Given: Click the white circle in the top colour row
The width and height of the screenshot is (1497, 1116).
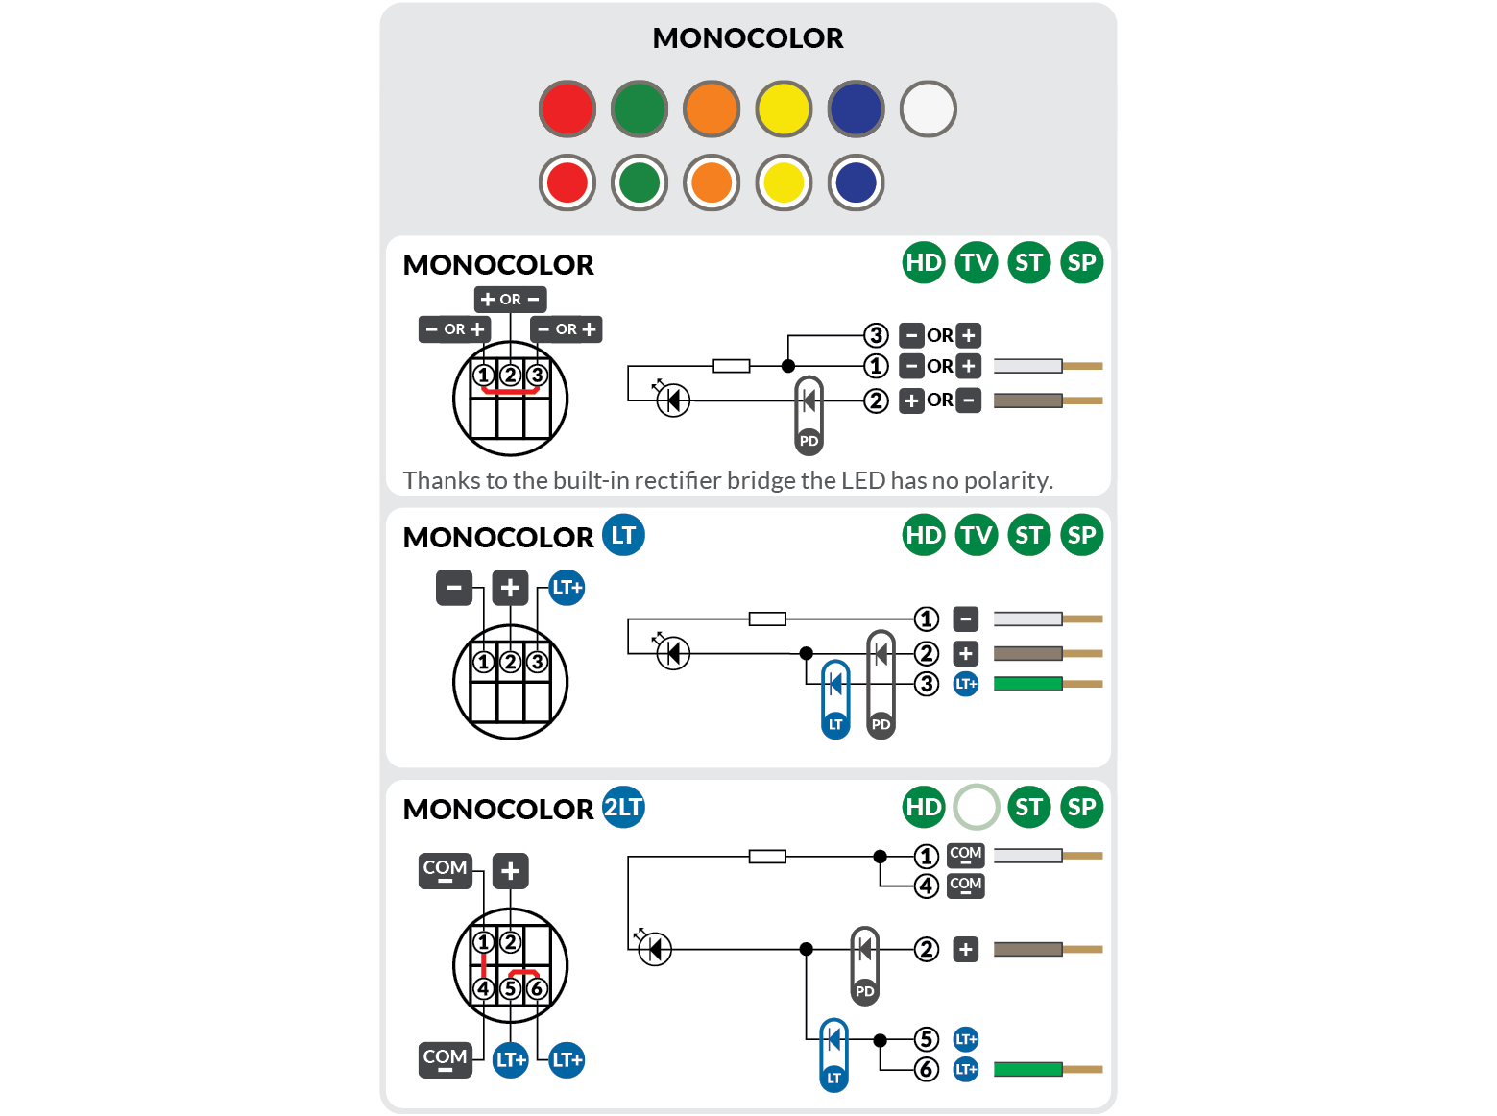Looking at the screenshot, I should [928, 109].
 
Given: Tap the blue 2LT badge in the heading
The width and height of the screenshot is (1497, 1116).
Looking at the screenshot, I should [623, 807].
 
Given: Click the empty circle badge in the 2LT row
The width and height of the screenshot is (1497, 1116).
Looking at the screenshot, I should [977, 807].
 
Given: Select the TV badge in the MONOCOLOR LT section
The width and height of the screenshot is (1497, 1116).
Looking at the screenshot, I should [977, 535].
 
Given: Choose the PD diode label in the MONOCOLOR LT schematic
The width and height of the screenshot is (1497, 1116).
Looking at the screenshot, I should [881, 724].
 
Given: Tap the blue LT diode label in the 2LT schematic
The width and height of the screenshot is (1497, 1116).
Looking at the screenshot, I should [833, 1078].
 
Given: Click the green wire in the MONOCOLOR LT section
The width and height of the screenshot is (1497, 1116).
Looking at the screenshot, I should [1027, 684].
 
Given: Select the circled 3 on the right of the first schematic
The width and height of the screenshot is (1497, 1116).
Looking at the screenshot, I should [875, 335].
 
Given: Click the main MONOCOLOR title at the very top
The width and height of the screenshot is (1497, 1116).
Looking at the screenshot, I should [747, 38].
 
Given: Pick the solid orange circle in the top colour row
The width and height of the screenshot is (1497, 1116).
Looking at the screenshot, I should [712, 109].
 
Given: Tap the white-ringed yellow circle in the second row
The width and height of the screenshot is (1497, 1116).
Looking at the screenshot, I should [784, 182].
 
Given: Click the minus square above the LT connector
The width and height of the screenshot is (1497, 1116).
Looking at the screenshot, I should [454, 587].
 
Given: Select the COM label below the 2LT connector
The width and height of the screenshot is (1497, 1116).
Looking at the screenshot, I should [446, 1059].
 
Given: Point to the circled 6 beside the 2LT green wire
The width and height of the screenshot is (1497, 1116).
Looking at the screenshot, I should [926, 1069].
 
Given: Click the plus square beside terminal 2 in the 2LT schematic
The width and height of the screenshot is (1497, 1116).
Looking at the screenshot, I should [965, 950].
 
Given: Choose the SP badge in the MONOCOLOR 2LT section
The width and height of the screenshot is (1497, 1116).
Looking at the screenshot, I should [1081, 807].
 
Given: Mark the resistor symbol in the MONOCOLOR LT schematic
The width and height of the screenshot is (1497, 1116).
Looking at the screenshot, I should [767, 619].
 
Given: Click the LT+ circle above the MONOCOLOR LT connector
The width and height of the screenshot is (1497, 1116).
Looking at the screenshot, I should [567, 587].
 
